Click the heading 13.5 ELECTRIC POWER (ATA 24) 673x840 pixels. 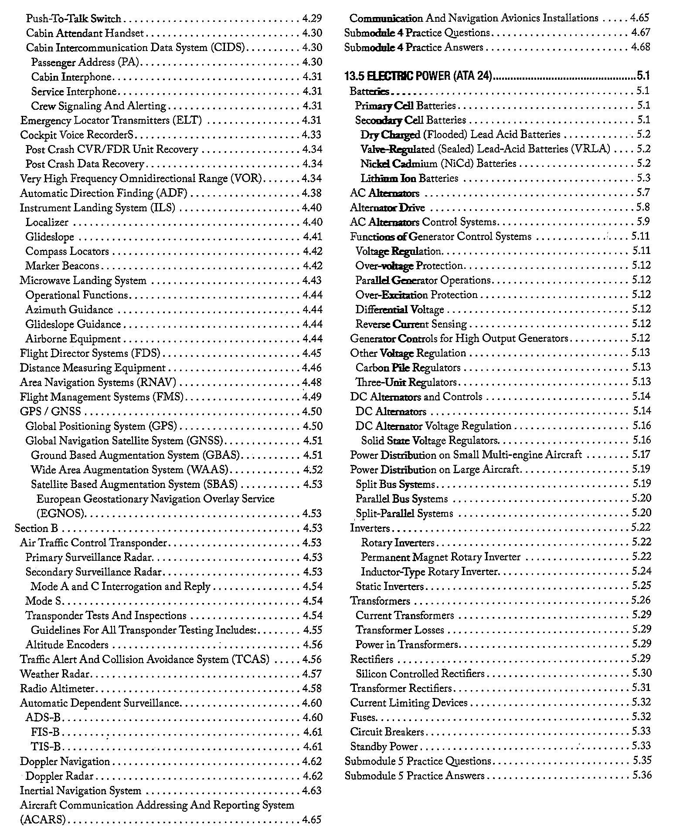(x=418, y=76)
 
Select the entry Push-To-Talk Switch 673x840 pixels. (x=73, y=19)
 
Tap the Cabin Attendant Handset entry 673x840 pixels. (x=85, y=33)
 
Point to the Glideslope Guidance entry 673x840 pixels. (x=73, y=325)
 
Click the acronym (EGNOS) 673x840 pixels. (x=61, y=513)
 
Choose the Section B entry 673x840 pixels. (x=36, y=528)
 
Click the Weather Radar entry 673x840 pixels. (x=54, y=674)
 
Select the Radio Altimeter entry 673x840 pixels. (x=57, y=689)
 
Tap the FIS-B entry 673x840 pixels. (x=45, y=732)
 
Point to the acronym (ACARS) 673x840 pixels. (x=42, y=820)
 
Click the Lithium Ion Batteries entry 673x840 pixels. (x=409, y=178)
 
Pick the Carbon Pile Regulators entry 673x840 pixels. (x=408, y=368)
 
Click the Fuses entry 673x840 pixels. (x=363, y=717)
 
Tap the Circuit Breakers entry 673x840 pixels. (x=381, y=732)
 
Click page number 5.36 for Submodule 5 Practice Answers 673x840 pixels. (x=642, y=776)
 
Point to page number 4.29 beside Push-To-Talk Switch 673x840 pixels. (x=312, y=19)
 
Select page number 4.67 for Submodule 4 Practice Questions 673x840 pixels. (x=640, y=33)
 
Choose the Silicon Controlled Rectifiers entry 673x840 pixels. (x=420, y=674)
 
